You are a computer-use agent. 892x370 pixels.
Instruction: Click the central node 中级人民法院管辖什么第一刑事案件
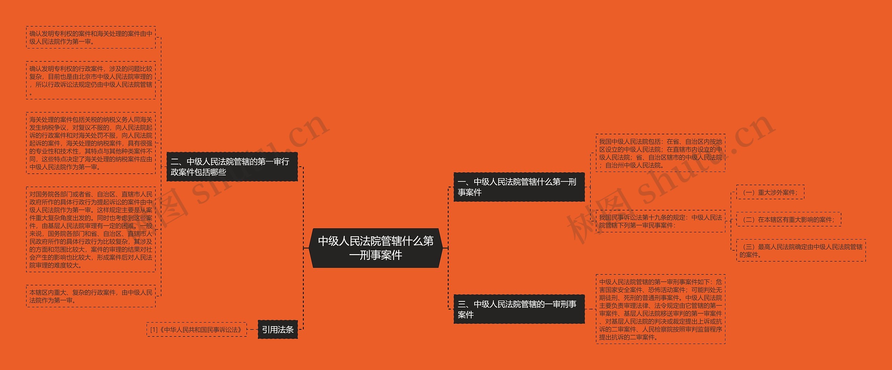(376, 248)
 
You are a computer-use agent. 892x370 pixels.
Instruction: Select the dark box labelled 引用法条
(277, 329)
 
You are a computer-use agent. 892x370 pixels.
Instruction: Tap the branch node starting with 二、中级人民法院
(232, 167)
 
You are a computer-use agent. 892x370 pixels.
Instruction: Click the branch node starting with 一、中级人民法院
(519, 187)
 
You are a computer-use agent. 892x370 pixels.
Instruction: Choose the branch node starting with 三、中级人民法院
(519, 309)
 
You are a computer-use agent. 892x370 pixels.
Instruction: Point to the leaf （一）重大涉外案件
(770, 192)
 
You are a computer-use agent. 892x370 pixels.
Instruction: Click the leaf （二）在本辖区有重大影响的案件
(789, 220)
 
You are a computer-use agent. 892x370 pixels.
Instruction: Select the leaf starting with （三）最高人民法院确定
(801, 251)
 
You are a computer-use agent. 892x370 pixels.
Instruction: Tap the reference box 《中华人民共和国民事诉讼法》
(200, 330)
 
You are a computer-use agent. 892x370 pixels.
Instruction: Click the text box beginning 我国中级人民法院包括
(660, 153)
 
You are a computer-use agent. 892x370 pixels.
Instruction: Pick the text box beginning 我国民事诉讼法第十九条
(660, 221)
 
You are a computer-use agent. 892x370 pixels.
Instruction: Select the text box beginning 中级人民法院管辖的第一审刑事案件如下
(660, 309)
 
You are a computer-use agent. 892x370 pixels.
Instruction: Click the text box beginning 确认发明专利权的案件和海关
(91, 38)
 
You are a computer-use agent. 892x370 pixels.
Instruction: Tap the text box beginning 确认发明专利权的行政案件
(91, 80)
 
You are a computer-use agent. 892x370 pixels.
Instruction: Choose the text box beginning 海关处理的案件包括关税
(91, 143)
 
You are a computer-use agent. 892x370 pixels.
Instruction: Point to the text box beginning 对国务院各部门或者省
(91, 229)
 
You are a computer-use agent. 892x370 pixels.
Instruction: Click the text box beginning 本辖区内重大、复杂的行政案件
(91, 296)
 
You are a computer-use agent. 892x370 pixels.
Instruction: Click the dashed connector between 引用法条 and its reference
(252, 329)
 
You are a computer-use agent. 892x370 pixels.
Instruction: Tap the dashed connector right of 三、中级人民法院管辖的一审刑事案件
(590, 309)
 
